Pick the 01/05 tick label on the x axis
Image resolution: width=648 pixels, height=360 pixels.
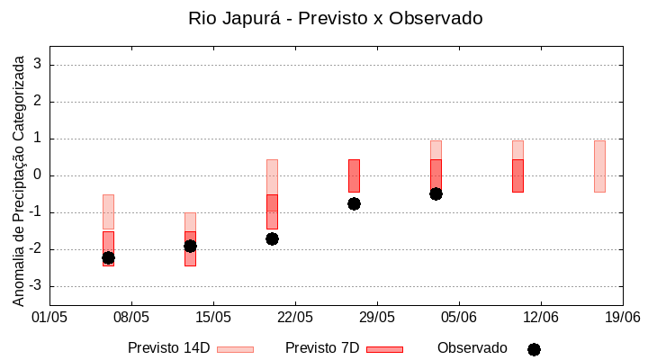pos(49,317)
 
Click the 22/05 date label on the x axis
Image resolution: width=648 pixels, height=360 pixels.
pos(295,317)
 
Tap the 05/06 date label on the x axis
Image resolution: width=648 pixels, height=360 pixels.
pos(459,317)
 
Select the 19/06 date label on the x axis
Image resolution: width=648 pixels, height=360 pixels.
pos(622,317)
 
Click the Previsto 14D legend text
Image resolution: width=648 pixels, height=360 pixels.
pos(169,348)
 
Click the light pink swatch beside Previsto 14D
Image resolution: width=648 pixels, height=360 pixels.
pos(235,349)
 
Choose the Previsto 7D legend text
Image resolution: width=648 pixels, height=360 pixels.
pos(322,348)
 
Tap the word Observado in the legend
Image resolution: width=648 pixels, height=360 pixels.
pos(472,348)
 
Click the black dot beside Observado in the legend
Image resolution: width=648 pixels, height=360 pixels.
pos(534,349)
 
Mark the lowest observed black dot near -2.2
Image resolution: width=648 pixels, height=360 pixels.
pos(108,257)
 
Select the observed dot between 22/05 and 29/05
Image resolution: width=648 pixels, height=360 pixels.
pos(354,203)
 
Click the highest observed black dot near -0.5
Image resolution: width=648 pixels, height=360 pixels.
pos(436,193)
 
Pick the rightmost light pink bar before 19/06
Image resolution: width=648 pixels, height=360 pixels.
pos(599,166)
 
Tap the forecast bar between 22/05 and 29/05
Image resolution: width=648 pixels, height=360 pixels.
pos(354,175)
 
